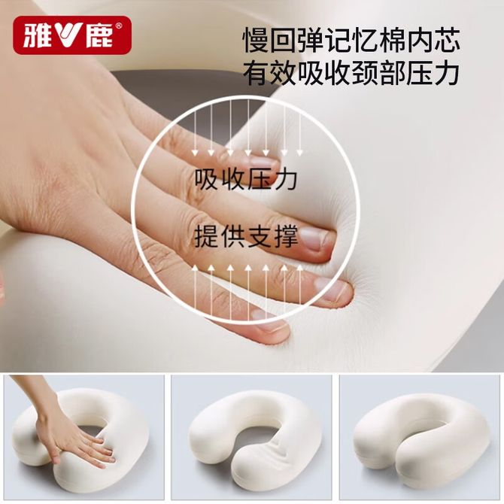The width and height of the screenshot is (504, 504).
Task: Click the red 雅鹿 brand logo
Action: point(72,35)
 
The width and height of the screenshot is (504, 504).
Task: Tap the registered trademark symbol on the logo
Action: point(119,26)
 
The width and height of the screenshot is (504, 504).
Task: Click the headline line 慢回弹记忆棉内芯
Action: point(351,40)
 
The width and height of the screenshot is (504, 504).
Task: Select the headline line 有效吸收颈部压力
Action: point(351,72)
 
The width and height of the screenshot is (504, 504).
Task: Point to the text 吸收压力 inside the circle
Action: point(246,179)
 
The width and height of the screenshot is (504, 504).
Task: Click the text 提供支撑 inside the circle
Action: point(246,237)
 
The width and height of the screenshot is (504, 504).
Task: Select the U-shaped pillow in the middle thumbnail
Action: point(254,439)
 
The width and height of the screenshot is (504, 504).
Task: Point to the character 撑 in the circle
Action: point(285,237)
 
